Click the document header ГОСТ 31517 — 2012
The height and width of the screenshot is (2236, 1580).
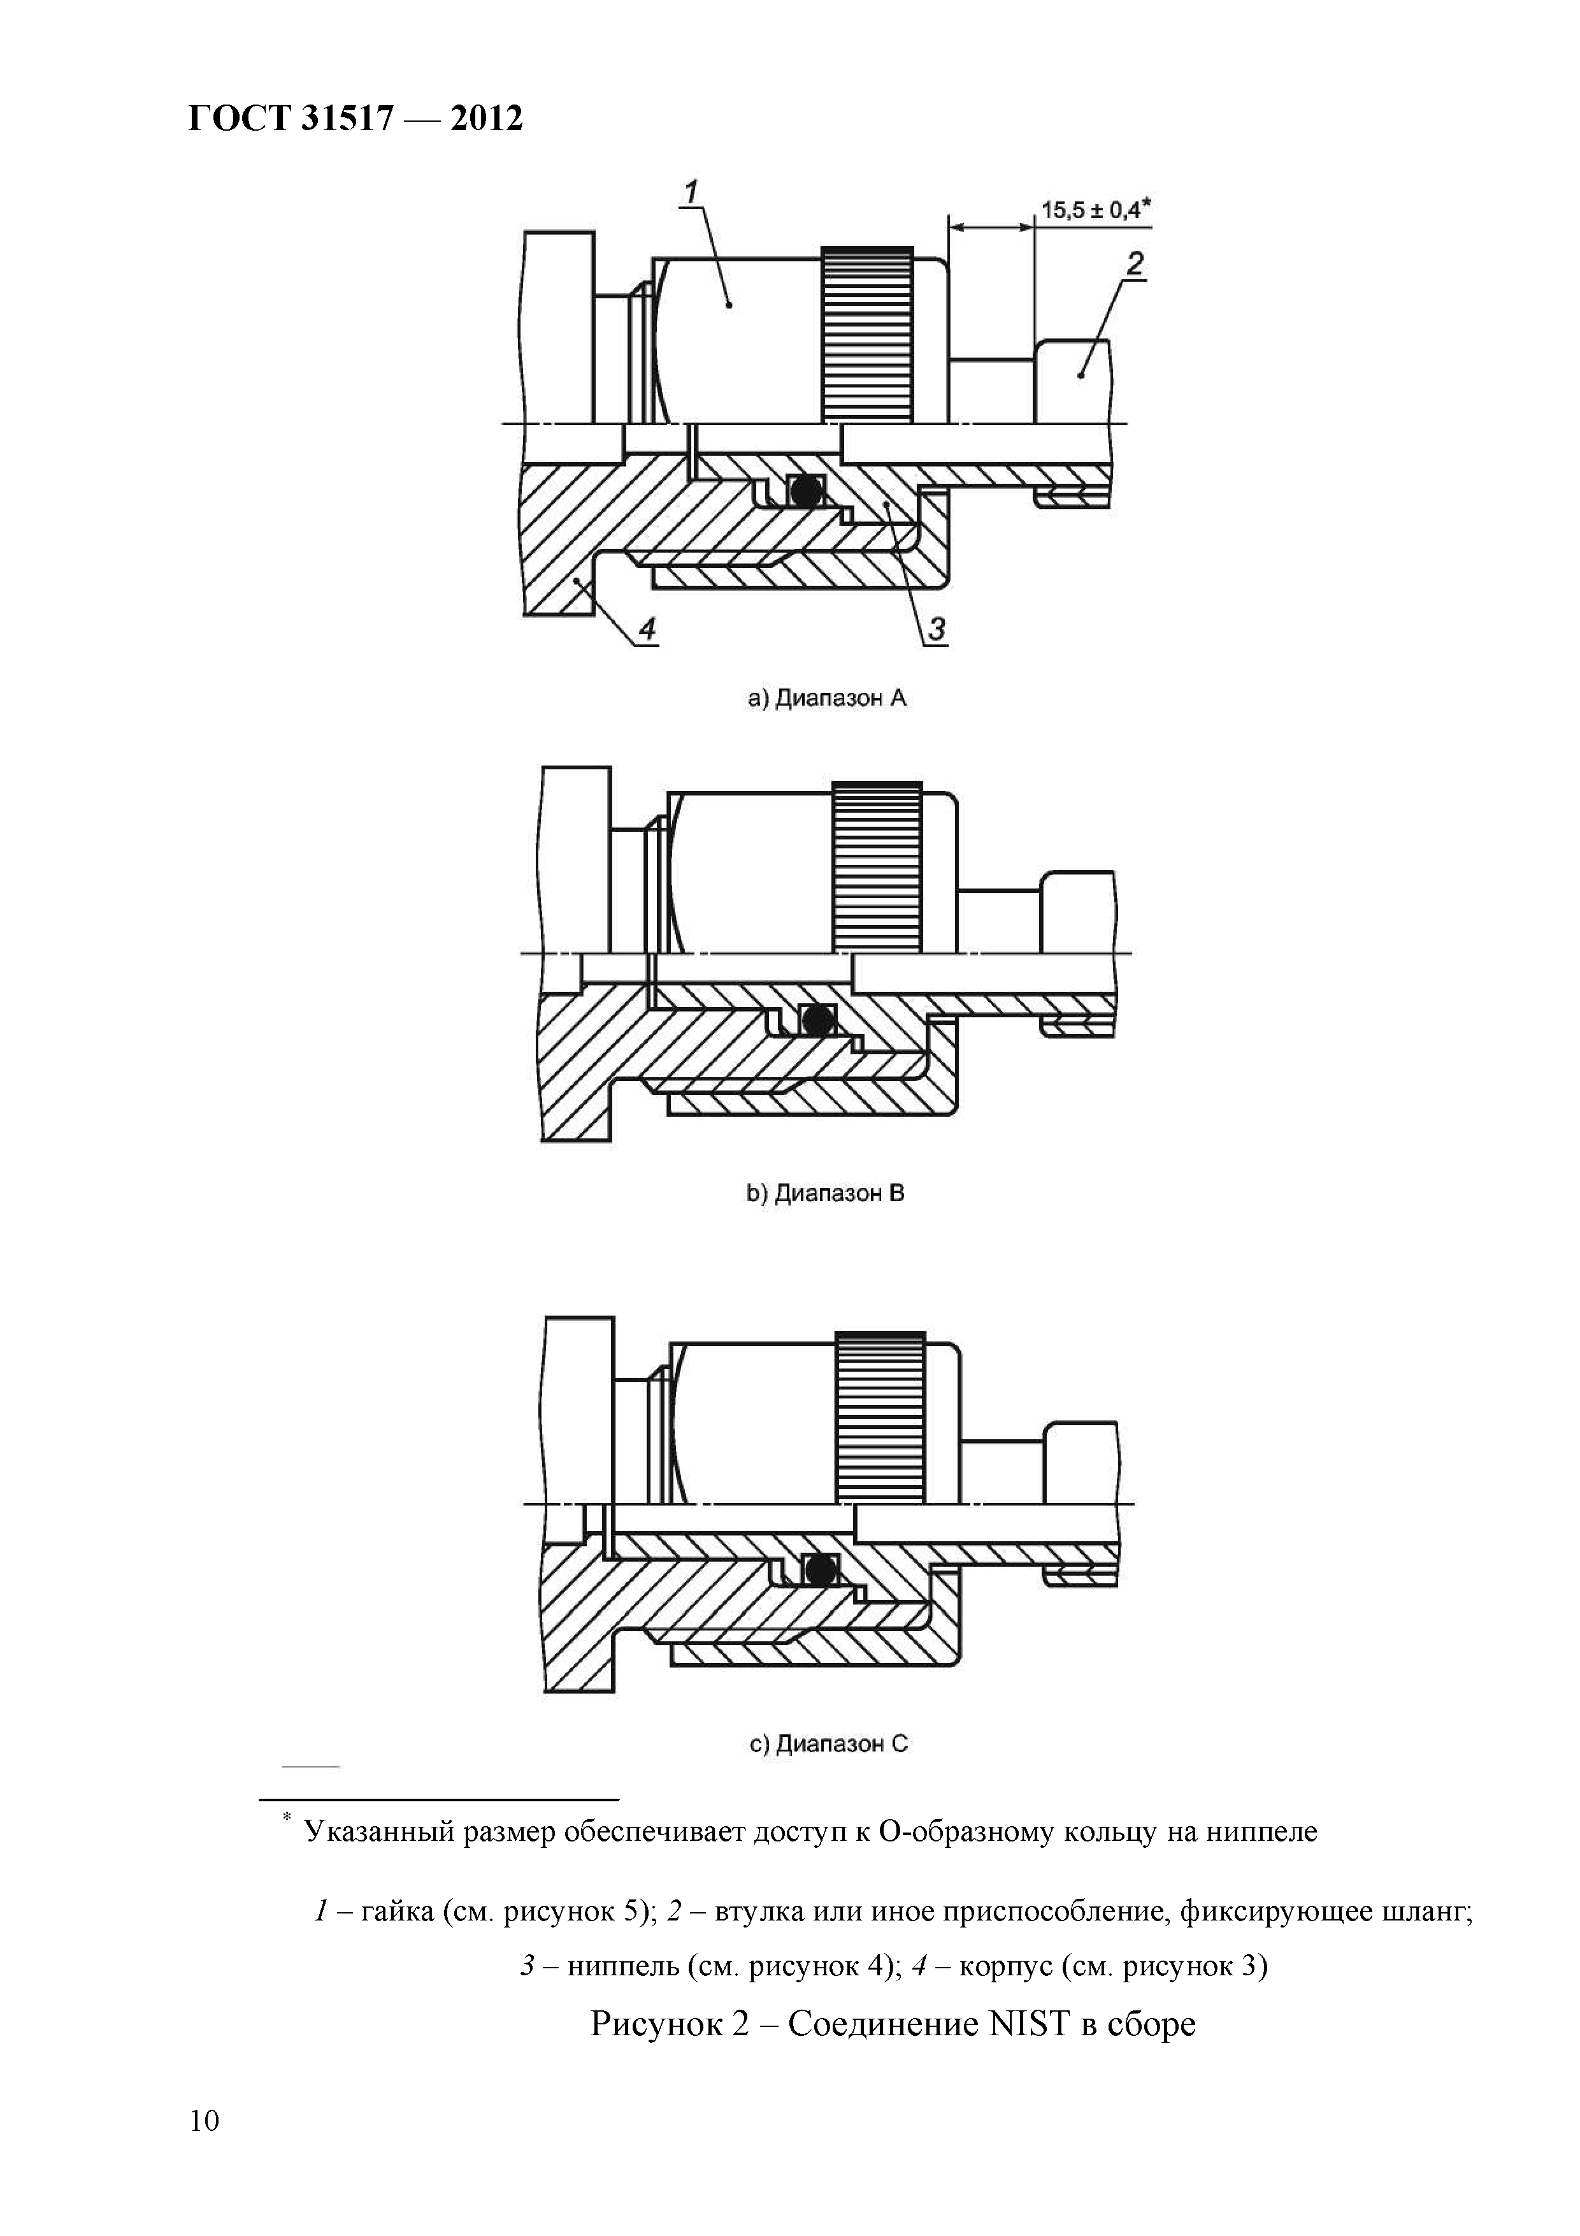(354, 119)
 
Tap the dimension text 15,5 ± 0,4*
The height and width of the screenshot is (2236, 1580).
(1095, 210)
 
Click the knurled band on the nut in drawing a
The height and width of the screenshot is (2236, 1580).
(866, 334)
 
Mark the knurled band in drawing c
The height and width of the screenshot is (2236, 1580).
(880, 1417)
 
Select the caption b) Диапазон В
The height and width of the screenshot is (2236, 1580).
(826, 1193)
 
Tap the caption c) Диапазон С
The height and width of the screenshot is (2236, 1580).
(828, 1744)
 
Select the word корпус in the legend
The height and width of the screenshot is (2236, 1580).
(1005, 1967)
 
